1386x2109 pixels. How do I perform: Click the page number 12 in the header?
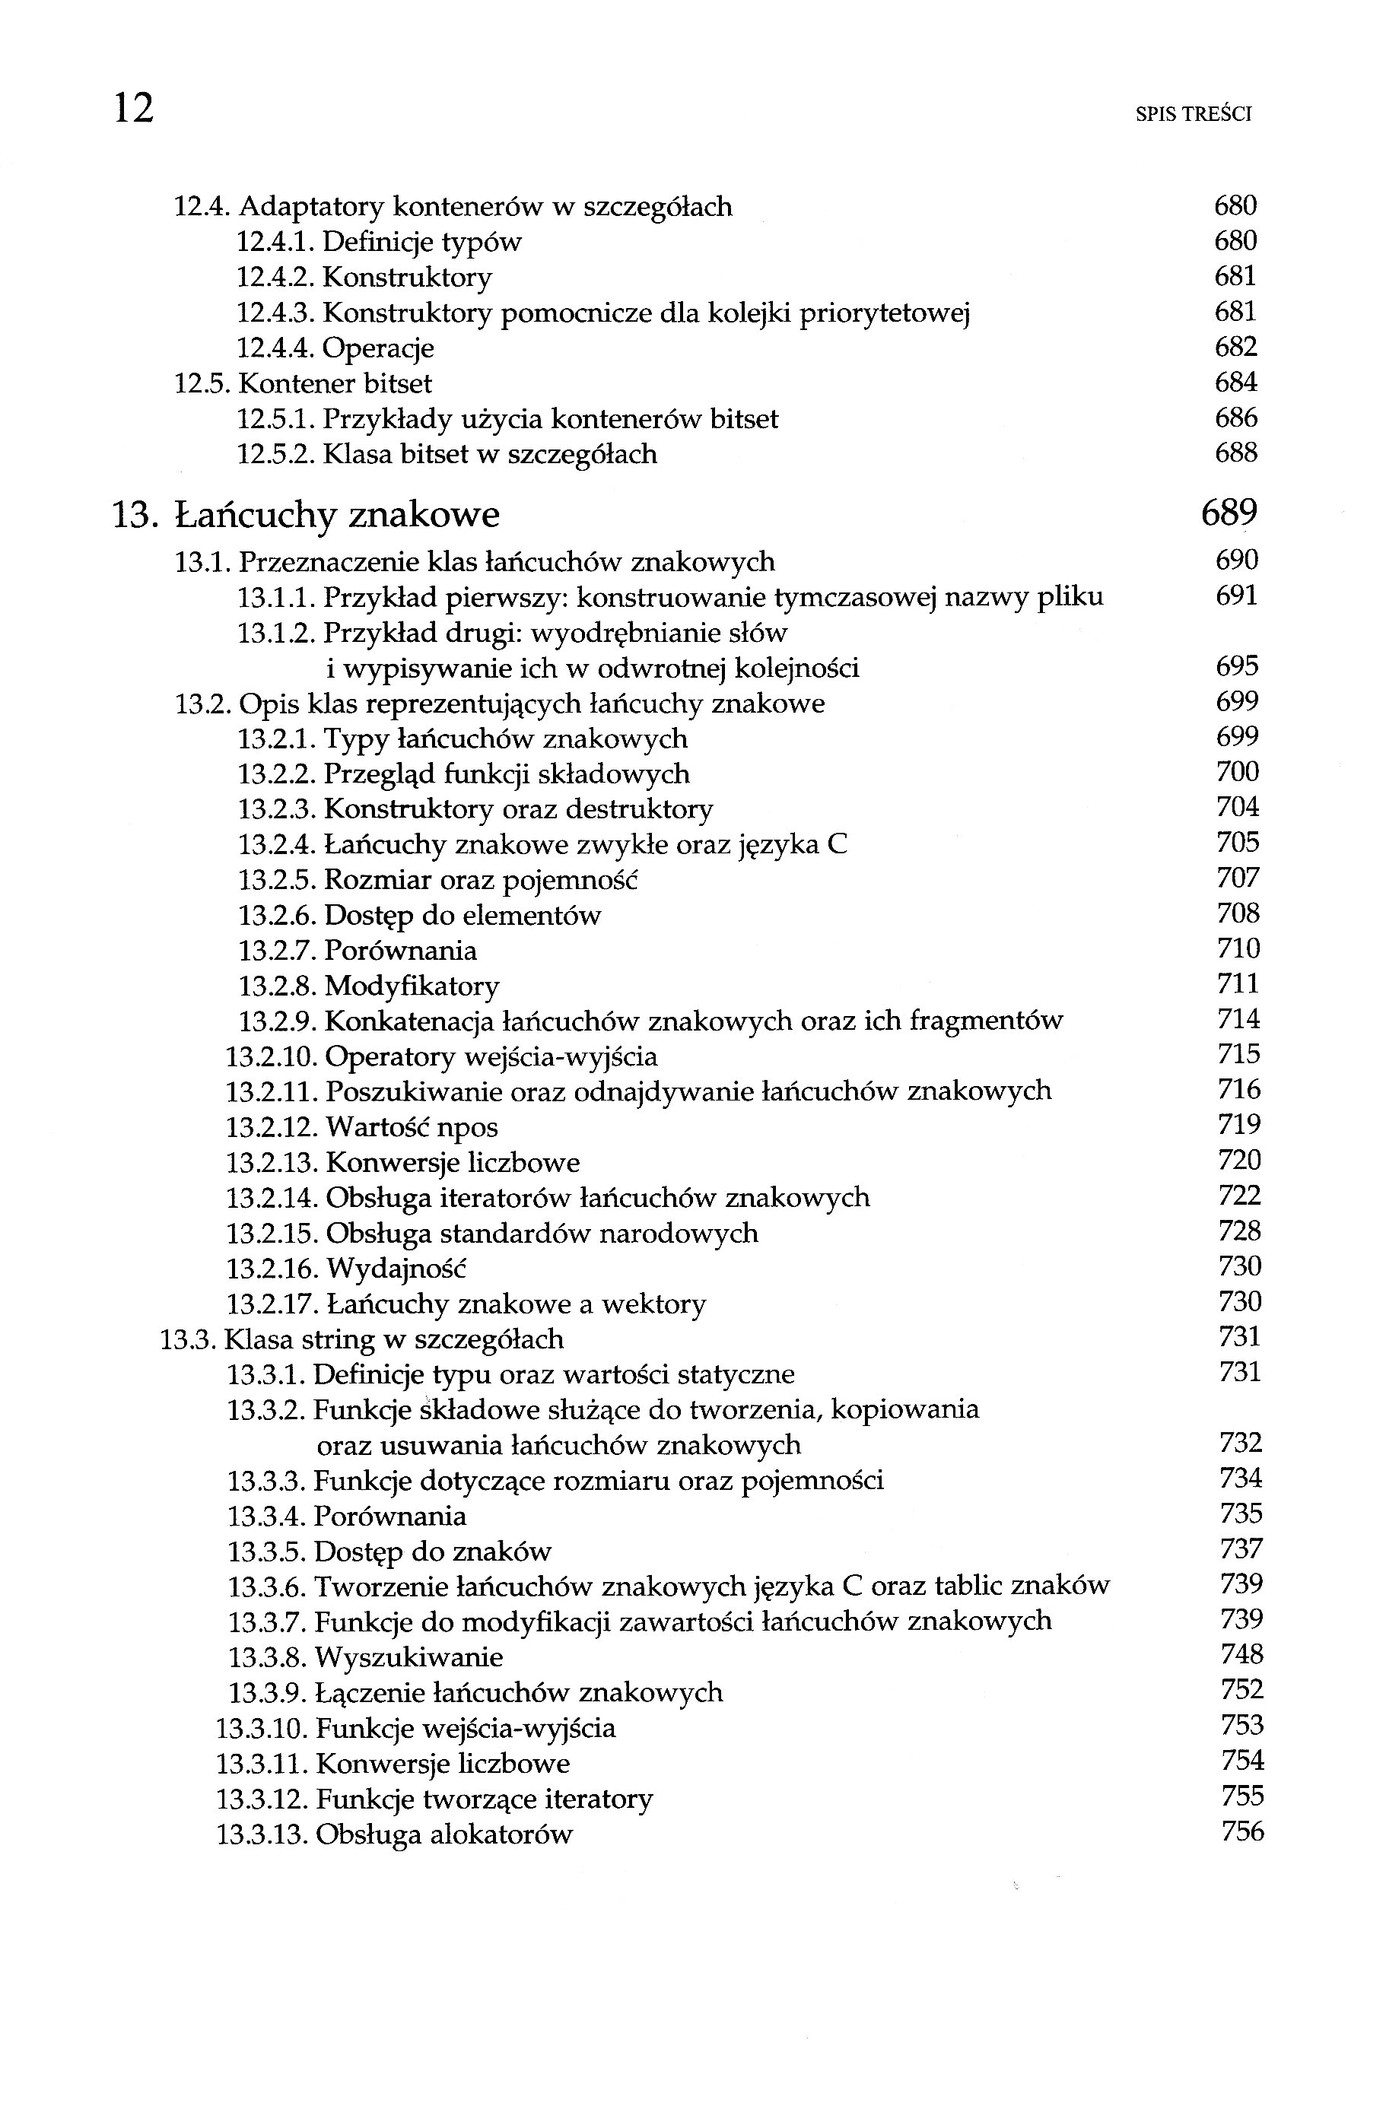click(x=134, y=108)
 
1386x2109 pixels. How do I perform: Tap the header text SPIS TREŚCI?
click(x=1193, y=114)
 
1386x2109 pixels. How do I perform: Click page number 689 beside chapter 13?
click(x=1229, y=513)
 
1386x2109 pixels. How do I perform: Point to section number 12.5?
click(x=203, y=383)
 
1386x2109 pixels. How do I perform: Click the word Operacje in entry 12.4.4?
click(x=377, y=348)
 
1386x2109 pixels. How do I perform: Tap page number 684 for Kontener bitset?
click(x=1235, y=383)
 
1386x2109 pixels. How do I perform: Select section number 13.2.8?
click(x=276, y=986)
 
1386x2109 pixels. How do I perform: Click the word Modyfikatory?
click(x=412, y=986)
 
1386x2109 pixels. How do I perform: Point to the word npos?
click(x=466, y=1128)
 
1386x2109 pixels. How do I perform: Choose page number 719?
click(x=1239, y=1126)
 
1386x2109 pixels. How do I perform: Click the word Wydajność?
click(x=396, y=1269)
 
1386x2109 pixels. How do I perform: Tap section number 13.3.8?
click(x=267, y=1657)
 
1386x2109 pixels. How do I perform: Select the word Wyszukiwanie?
click(x=408, y=1658)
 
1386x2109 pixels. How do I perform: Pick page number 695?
click(x=1237, y=666)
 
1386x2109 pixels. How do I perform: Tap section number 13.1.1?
click(x=275, y=597)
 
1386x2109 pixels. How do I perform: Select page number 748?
click(x=1241, y=1655)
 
